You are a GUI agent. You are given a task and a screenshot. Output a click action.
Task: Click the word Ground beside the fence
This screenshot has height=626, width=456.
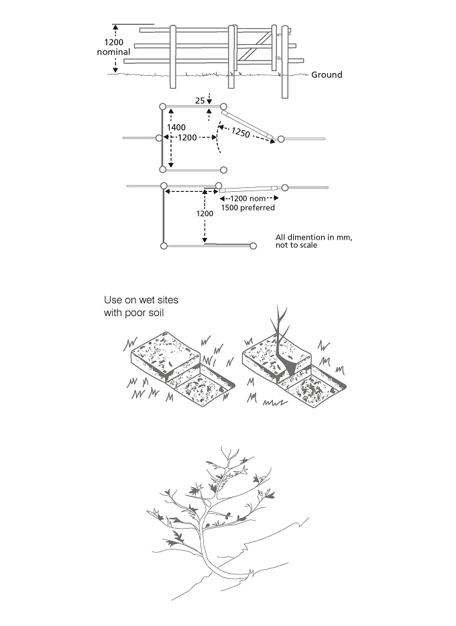(x=327, y=74)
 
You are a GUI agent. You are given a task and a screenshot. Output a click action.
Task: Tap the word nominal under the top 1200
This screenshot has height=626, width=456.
(x=114, y=52)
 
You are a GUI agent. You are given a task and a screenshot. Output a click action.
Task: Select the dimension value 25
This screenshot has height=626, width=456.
(x=200, y=101)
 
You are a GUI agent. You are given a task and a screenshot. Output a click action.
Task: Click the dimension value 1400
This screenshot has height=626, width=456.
(x=176, y=127)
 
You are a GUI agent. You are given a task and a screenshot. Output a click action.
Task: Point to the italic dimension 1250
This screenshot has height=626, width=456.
(x=241, y=132)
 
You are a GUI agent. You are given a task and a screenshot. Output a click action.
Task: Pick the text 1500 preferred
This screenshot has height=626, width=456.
(x=248, y=207)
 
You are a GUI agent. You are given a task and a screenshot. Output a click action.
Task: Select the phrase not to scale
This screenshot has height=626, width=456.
(x=296, y=245)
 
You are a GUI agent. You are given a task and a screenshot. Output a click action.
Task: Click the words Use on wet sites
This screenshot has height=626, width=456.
(x=141, y=300)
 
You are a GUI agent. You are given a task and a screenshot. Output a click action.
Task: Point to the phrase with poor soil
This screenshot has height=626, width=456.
(x=134, y=312)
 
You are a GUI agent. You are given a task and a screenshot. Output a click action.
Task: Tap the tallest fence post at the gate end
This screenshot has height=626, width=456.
(x=284, y=62)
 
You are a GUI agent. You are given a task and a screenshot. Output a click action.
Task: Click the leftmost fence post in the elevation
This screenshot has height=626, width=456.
(x=173, y=56)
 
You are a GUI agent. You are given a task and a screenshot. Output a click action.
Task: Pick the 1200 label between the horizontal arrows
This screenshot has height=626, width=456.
(x=187, y=138)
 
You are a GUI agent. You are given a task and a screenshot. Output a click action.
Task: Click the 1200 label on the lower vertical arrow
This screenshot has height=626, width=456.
(x=205, y=213)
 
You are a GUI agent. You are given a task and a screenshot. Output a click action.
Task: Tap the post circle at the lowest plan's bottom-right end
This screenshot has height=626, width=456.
(x=253, y=246)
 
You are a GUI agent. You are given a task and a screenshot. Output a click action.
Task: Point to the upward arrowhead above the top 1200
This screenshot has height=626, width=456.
(x=115, y=27)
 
